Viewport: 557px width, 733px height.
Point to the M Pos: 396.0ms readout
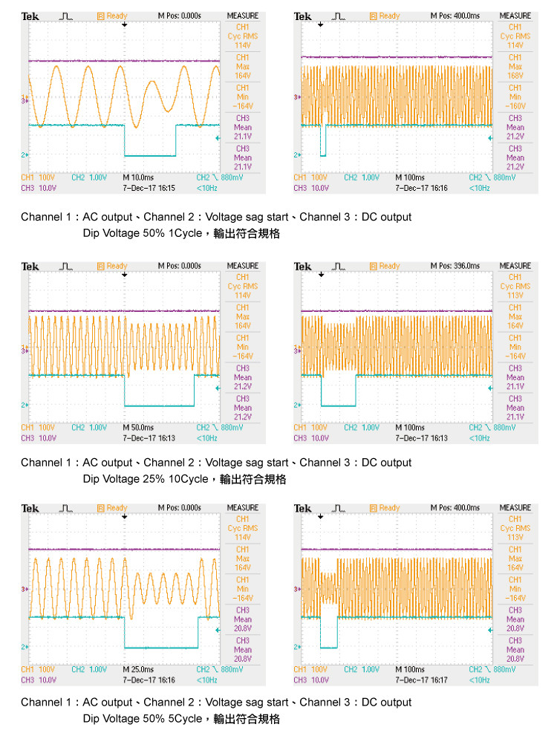tap(455, 266)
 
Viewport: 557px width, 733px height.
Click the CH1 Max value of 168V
tap(515, 75)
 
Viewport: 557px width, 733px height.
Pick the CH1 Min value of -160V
tap(515, 105)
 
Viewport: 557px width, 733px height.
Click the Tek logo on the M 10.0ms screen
tap(30, 16)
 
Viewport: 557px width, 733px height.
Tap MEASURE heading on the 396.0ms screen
tap(515, 266)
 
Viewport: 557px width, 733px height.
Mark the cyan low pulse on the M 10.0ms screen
tap(150, 155)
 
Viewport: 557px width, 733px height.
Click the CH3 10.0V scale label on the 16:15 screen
tap(36, 188)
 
